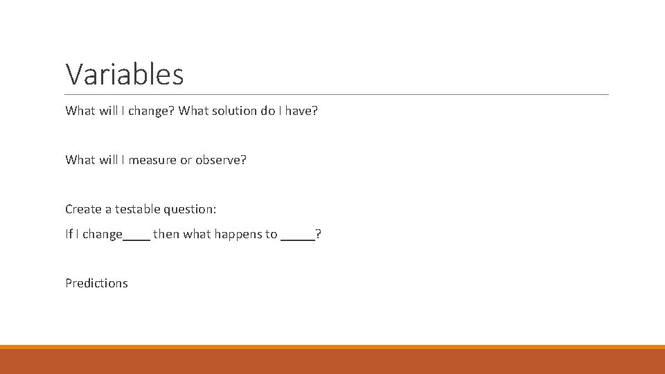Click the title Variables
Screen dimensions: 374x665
tap(125, 74)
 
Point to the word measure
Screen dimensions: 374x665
tap(152, 160)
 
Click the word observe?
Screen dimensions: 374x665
tap(220, 160)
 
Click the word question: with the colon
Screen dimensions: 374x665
tap(194, 209)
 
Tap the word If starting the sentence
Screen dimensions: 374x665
tap(69, 234)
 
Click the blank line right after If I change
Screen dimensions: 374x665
tap(136, 238)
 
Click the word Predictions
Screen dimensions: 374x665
tap(96, 283)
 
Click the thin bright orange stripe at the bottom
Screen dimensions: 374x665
tap(332, 347)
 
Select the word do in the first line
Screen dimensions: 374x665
tap(268, 111)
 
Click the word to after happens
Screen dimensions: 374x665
tap(271, 234)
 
